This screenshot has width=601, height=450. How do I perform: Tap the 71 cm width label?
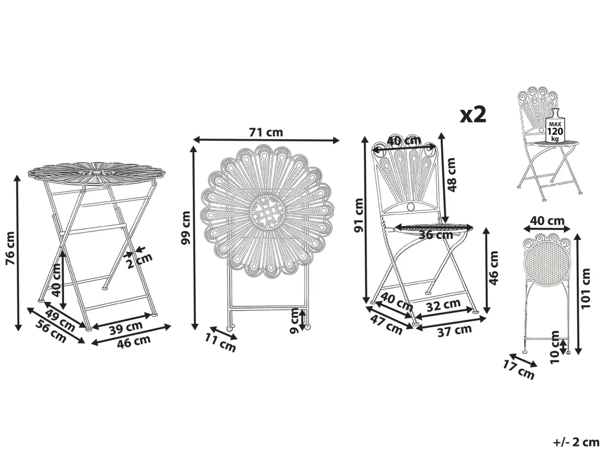[266, 132]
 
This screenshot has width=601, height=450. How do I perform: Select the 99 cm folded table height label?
[186, 227]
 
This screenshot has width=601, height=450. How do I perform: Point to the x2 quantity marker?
[473, 115]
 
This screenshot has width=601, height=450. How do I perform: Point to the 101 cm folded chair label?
[585, 288]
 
